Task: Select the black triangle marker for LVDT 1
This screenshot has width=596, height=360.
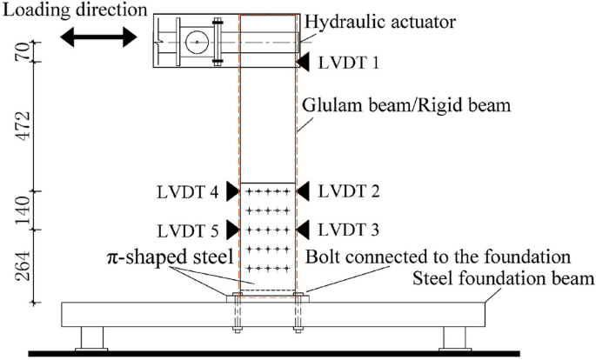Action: (303, 63)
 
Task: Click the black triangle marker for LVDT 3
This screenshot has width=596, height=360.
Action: (303, 230)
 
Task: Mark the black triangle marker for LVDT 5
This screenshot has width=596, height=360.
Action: (231, 230)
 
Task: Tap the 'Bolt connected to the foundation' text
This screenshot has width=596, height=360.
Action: (438, 259)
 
